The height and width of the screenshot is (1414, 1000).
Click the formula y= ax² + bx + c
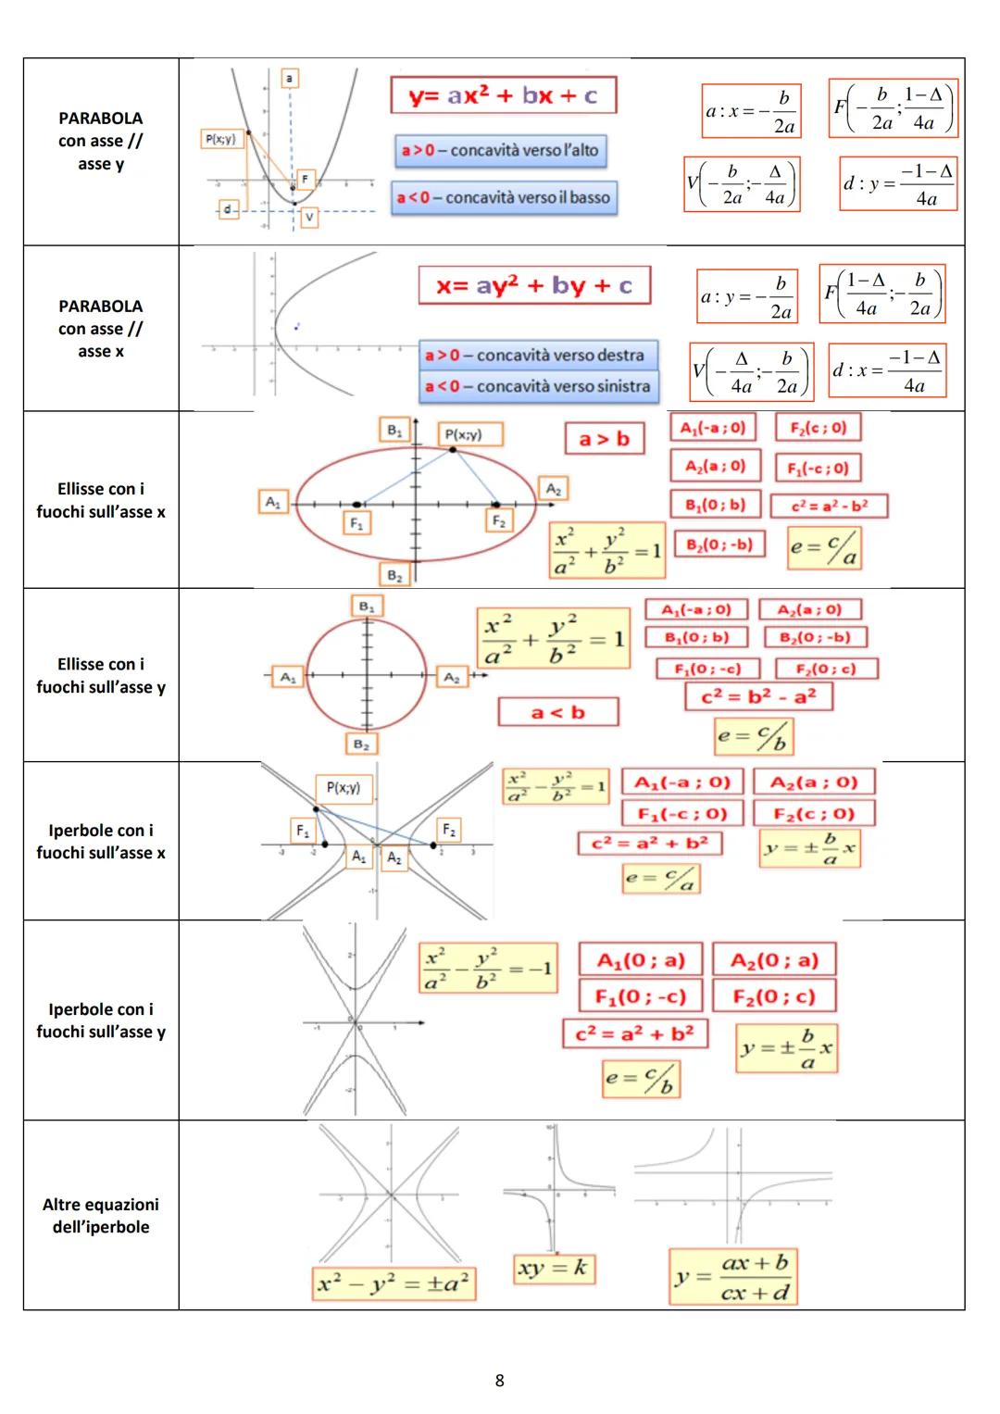point(503,95)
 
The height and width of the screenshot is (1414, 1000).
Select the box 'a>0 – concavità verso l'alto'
point(500,150)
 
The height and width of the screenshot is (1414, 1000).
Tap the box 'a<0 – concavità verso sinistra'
point(538,386)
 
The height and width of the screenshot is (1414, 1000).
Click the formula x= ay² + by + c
point(534,286)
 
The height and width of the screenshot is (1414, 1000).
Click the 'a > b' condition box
point(604,439)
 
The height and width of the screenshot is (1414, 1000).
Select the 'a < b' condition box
point(557,712)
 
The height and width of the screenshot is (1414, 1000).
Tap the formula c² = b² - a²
point(758,696)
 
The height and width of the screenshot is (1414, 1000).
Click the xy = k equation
point(553,1268)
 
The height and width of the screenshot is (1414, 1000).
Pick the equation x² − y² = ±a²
point(394,1283)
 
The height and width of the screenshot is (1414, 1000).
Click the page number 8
point(500,1381)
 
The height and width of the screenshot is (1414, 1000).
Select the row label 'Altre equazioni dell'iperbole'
point(101,1216)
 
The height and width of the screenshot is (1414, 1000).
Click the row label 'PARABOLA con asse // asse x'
point(101,329)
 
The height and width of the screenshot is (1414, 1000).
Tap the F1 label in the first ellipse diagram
point(356,523)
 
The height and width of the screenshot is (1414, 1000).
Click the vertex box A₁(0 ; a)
point(641,960)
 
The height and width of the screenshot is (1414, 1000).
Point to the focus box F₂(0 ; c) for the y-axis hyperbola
point(774,996)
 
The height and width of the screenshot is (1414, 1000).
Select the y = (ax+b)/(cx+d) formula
point(733,1277)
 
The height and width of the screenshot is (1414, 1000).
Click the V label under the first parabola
point(308,217)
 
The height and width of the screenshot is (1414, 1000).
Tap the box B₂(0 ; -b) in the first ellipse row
point(719,544)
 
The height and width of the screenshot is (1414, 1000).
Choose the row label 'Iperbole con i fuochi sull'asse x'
point(101,842)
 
